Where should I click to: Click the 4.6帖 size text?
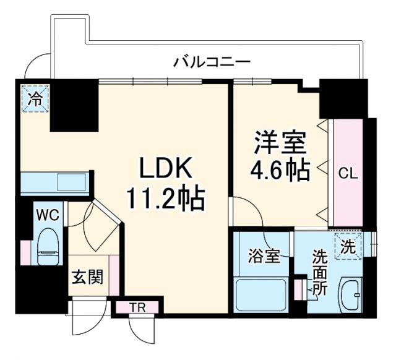pos(280,171)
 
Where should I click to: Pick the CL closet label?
pos(348,174)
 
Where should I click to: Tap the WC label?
pos(46,215)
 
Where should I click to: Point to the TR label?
pos(137,307)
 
